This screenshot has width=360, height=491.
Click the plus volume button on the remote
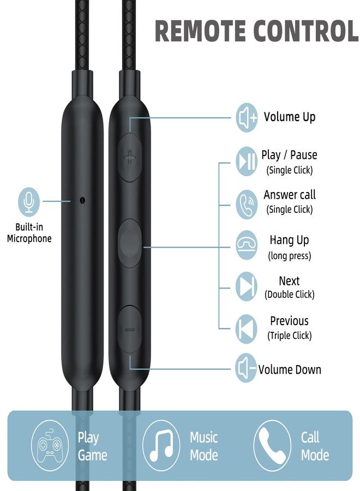130,157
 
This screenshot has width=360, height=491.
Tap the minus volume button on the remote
130,330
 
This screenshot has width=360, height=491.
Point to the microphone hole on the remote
83,200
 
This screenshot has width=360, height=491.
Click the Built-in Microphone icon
29,202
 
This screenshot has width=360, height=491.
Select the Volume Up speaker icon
247,118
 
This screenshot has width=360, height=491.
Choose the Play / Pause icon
247,161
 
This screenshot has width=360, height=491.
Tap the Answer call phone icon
247,204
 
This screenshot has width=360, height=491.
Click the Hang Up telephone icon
247,245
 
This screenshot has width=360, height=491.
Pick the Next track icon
247,286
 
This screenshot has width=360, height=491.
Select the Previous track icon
247,329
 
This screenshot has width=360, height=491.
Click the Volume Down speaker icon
247,368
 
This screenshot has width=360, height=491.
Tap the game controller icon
50,446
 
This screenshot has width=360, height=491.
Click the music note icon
161,446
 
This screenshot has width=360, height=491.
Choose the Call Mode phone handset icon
272,446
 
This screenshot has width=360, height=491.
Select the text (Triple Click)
290,336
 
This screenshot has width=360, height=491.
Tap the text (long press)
290,256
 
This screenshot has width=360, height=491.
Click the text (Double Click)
290,295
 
